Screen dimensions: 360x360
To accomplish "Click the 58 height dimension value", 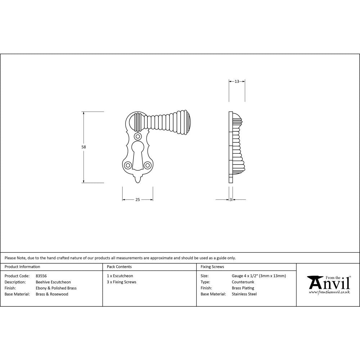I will pos(84,147).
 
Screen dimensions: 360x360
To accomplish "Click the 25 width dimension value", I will pos(138,200).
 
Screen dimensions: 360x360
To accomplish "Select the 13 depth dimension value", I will pos(237,82).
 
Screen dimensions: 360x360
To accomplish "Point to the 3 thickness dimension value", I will pos(230,200).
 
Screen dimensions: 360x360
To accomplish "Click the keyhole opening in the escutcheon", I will pos(138,155).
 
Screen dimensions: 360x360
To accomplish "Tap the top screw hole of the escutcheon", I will pos(138,137).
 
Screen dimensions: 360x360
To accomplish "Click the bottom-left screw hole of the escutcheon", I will pos(127,165).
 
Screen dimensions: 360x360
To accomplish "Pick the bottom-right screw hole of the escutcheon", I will pos(148,165).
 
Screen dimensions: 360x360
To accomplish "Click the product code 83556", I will pos(41,276).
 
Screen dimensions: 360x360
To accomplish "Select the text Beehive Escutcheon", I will pos(53,282).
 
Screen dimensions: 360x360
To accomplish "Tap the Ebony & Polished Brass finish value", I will pos(56,288).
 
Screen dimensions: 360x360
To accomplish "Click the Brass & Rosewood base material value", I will pos(52,294).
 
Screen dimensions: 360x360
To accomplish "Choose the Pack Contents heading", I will pos(119,267).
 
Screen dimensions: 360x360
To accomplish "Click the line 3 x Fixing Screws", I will pos(122,282).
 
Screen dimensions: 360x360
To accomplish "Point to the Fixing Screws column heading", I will pos(212,267).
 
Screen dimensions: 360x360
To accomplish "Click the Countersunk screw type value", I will pos(243,282).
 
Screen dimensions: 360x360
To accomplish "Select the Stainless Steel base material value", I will pos(244,294).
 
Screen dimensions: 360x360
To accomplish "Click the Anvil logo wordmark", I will pos(328,283).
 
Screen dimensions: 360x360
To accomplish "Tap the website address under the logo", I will pos(329,292).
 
